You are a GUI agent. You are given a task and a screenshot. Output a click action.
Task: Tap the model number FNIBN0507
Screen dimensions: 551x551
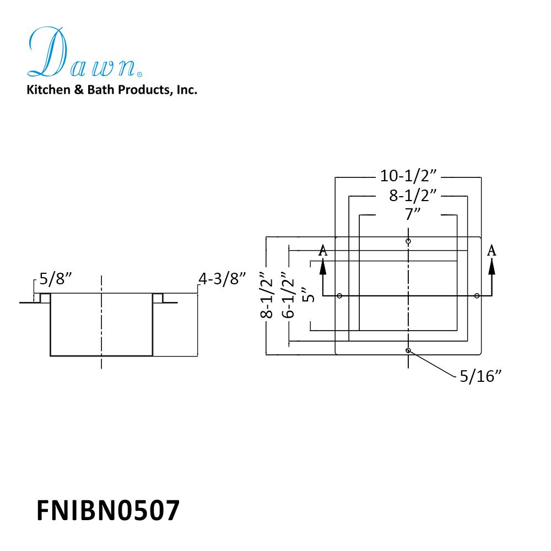(108, 510)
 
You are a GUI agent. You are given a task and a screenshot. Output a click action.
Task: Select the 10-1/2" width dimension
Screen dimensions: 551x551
(408, 176)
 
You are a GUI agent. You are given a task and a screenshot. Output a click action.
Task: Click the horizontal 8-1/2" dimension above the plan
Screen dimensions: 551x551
(408, 196)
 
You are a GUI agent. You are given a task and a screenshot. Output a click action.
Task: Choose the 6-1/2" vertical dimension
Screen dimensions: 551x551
(288, 295)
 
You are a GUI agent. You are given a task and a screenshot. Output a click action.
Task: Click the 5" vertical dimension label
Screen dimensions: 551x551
(309, 295)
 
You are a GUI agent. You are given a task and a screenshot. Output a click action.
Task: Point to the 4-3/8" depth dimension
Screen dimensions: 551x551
(222, 279)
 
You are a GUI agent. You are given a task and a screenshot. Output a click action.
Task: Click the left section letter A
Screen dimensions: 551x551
(323, 251)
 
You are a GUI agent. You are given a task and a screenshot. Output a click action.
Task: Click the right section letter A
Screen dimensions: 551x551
(492, 251)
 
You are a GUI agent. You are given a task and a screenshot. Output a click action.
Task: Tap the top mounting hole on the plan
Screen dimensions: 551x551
(408, 241)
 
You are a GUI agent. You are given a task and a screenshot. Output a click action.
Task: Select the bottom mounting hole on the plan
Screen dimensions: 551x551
(408, 350)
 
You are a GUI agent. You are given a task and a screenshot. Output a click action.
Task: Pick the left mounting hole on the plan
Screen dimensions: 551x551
(339, 296)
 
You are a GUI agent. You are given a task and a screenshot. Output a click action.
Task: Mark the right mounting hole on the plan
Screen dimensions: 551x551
(477, 296)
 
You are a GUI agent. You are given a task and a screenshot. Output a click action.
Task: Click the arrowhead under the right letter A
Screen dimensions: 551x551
(492, 266)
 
